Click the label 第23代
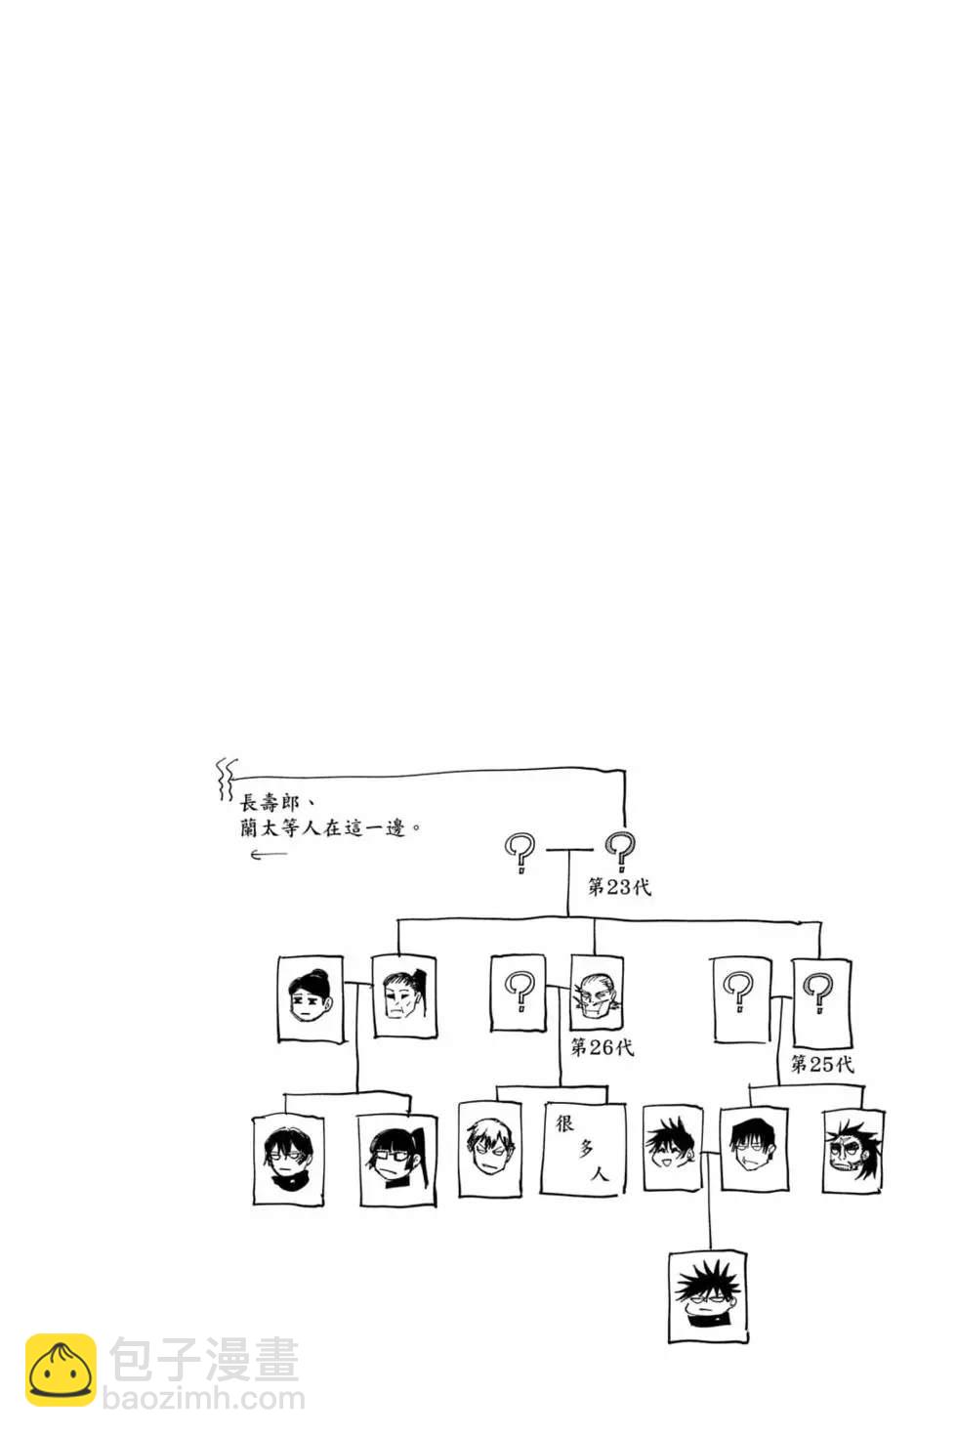[x=619, y=887]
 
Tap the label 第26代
[x=602, y=1047]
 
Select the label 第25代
[x=821, y=1064]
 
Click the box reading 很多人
[x=583, y=1149]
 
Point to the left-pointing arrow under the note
[x=269, y=855]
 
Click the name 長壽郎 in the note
[x=270, y=803]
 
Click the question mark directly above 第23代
[x=620, y=851]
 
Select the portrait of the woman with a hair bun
[x=311, y=998]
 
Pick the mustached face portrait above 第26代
[x=596, y=993]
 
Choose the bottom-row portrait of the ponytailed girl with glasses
[x=397, y=1160]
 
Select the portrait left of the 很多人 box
[x=489, y=1149]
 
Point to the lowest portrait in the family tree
[x=709, y=1295]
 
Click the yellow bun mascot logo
[x=61, y=1371]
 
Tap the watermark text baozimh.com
[x=203, y=1399]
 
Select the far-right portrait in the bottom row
[x=853, y=1150]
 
